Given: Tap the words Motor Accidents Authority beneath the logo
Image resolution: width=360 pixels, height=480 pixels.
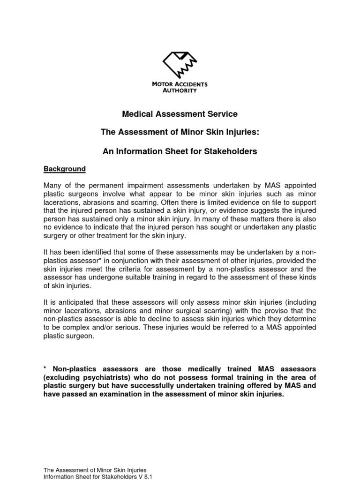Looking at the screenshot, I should [x=180, y=87].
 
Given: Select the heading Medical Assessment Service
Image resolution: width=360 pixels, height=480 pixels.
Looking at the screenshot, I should [x=180, y=114].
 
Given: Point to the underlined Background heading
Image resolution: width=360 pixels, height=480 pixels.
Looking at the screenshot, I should [x=65, y=169].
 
